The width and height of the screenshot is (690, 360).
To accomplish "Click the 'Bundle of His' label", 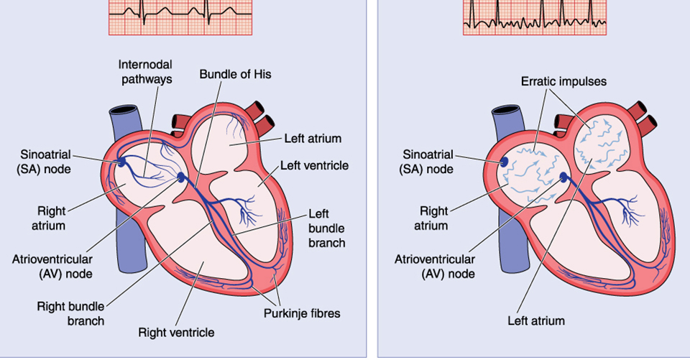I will [235, 74].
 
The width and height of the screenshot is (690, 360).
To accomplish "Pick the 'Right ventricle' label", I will [177, 332].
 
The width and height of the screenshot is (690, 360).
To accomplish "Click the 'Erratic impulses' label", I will [563, 81].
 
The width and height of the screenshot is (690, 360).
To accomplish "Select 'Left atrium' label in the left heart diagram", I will [312, 138].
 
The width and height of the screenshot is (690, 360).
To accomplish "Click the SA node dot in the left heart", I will [122, 163].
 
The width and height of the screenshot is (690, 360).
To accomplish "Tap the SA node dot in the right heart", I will [505, 163].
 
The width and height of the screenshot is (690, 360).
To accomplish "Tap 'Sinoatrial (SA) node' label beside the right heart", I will [428, 162].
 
